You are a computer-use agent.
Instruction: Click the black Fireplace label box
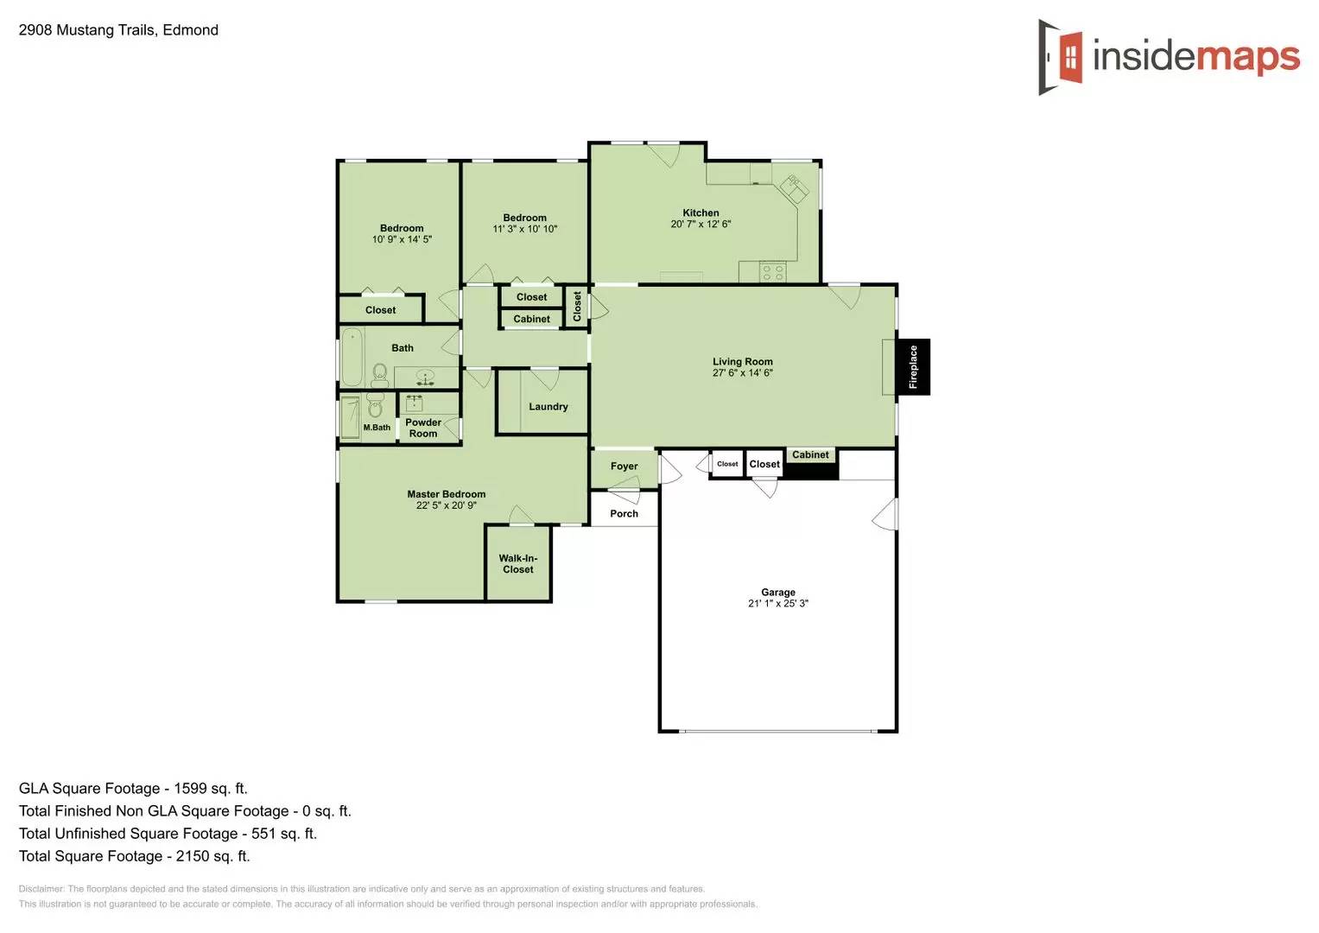click(x=913, y=367)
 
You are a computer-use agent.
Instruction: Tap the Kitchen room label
click(x=701, y=213)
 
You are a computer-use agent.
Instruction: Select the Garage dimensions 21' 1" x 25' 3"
click(x=777, y=604)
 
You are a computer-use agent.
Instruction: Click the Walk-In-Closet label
click(x=518, y=564)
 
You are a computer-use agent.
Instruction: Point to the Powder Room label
click(x=423, y=428)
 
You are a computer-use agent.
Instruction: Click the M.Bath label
click(x=377, y=428)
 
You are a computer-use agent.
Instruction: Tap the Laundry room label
click(x=549, y=407)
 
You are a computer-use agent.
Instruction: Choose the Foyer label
click(x=624, y=466)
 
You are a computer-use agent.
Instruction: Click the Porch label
click(x=624, y=514)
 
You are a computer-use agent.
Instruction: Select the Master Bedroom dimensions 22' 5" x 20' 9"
click(x=446, y=506)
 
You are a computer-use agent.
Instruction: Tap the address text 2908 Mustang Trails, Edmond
click(x=118, y=30)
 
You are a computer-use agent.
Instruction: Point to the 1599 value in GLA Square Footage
click(x=190, y=789)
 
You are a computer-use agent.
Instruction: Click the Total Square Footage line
click(x=134, y=856)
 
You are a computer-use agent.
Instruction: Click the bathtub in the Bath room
click(x=352, y=358)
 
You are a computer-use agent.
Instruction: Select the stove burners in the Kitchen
click(x=773, y=273)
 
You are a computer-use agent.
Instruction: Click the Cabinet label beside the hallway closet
click(x=531, y=319)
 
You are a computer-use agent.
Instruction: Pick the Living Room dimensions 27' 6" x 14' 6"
click(x=742, y=373)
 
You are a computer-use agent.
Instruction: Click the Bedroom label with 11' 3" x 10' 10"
click(x=524, y=219)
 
